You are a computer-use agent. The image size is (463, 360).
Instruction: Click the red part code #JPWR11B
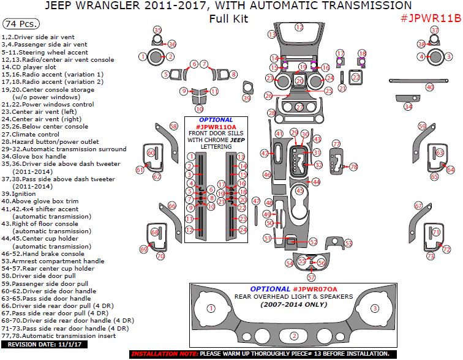(x=430, y=18)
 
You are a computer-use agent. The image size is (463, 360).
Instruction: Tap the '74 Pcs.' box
(x=21, y=24)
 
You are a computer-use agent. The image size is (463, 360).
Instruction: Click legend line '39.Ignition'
(x=23, y=193)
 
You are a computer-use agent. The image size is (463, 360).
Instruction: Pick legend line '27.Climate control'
(x=39, y=134)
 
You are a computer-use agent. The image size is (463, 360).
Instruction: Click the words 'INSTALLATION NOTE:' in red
(x=164, y=354)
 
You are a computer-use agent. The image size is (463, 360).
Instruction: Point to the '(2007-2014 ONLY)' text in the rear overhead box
(x=294, y=304)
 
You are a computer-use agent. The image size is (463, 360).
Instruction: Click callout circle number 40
(x=430, y=87)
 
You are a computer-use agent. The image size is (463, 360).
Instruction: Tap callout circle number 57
(x=311, y=277)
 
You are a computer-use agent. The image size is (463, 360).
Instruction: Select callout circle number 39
(x=247, y=98)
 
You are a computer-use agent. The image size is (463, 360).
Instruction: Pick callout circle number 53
(x=348, y=243)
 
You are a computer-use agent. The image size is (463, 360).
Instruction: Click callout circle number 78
(x=353, y=167)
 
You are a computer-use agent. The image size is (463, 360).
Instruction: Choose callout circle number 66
(x=172, y=206)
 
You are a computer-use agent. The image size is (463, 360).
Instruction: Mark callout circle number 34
(x=408, y=107)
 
